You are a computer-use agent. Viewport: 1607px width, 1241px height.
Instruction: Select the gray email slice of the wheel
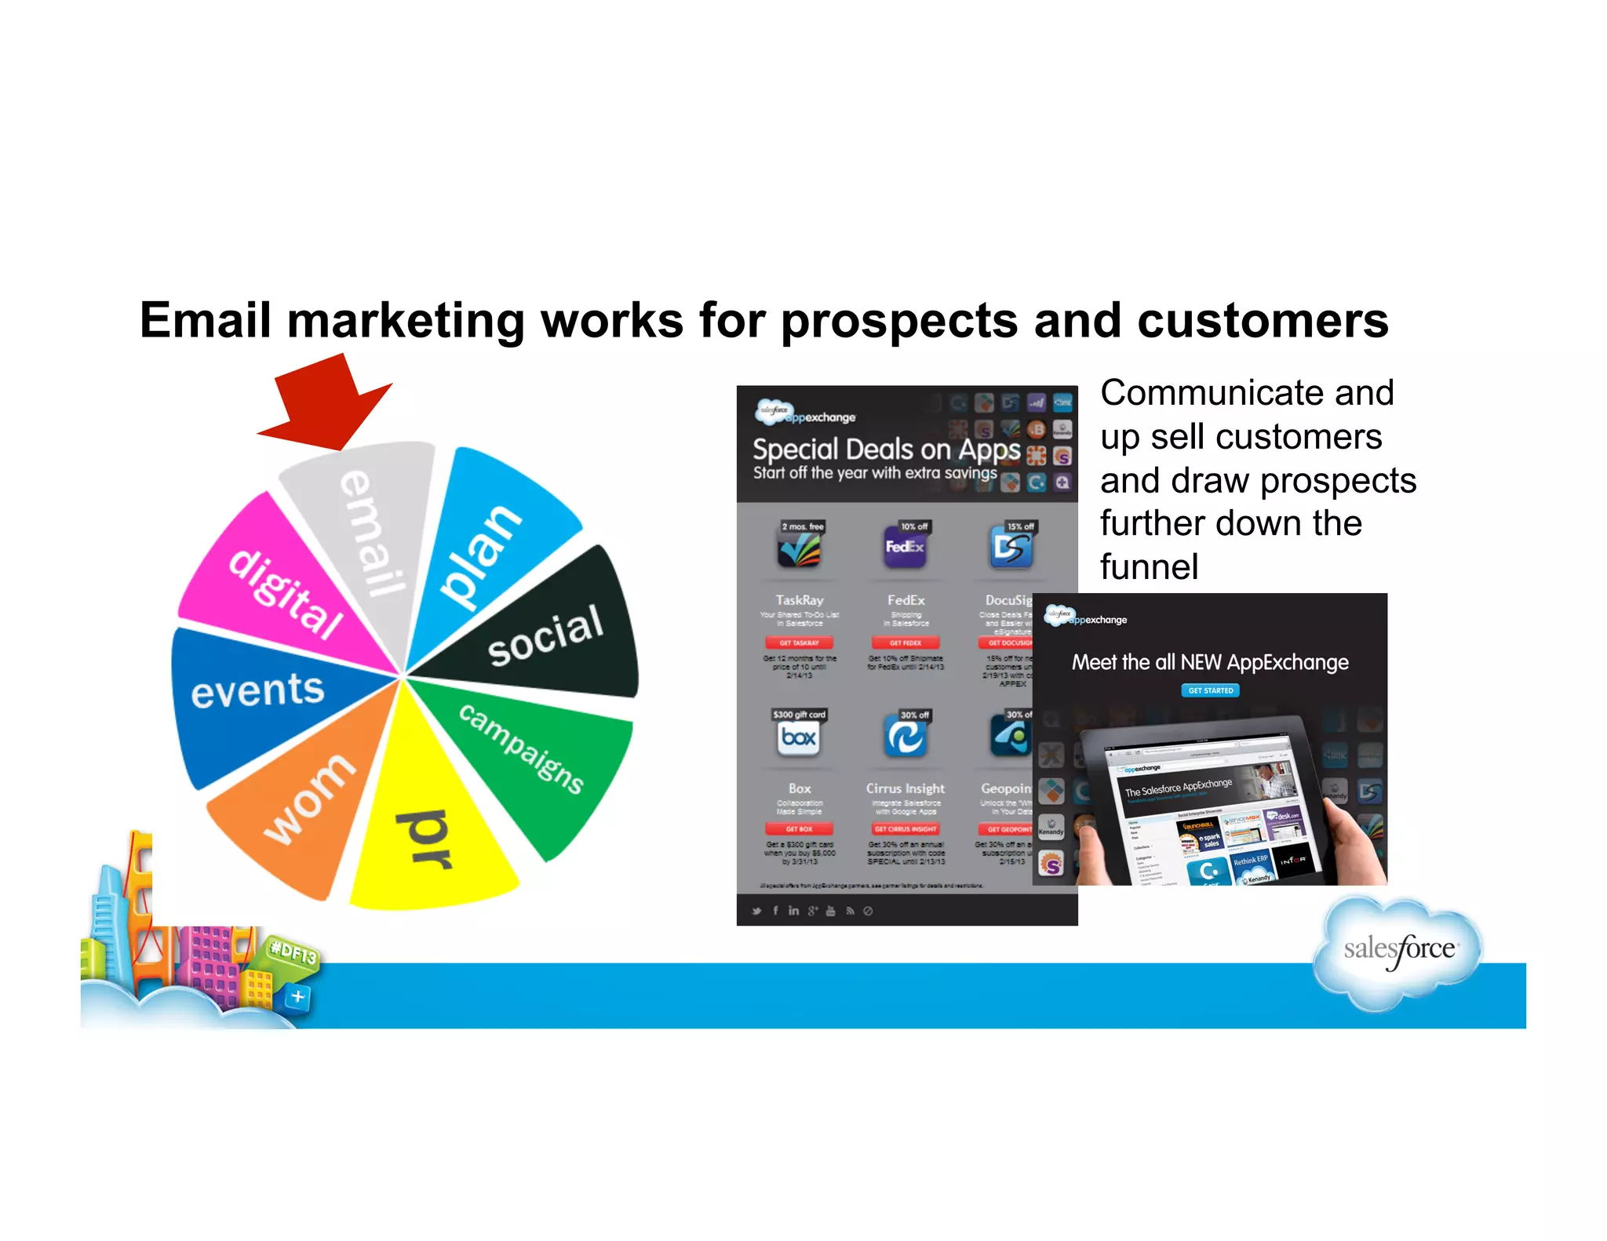point(369,533)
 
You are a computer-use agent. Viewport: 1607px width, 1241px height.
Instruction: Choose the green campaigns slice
point(534,753)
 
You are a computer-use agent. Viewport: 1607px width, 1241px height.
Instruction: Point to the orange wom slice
point(306,808)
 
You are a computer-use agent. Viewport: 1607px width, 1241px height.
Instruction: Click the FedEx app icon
point(905,547)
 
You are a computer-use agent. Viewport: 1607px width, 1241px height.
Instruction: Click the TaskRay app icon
point(799,547)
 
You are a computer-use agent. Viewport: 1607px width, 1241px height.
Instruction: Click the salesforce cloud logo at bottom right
point(1399,950)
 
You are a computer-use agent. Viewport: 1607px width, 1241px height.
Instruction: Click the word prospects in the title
point(898,322)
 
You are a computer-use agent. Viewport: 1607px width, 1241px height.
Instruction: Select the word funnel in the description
point(1149,566)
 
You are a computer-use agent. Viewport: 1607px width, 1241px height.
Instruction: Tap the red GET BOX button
point(799,829)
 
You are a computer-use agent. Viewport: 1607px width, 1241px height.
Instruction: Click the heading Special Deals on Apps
point(886,449)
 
